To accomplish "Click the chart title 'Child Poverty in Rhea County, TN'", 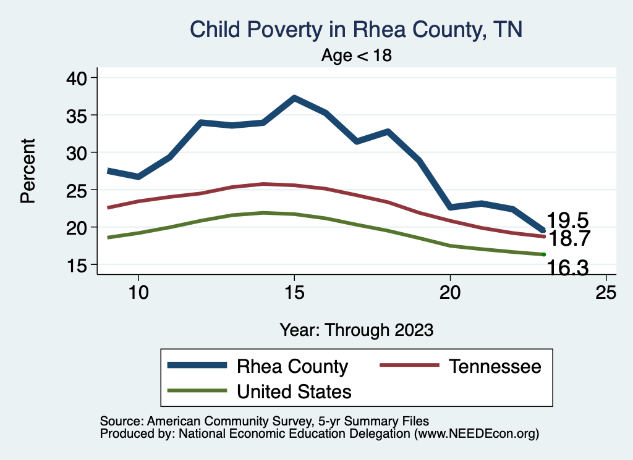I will point(356,30).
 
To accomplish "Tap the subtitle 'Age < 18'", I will point(357,56).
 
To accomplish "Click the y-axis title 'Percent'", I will point(28,171).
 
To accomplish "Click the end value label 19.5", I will point(567,220).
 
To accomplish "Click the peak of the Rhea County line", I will point(294,98).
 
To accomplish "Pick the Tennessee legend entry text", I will point(495,366).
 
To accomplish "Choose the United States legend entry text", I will point(294,391).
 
